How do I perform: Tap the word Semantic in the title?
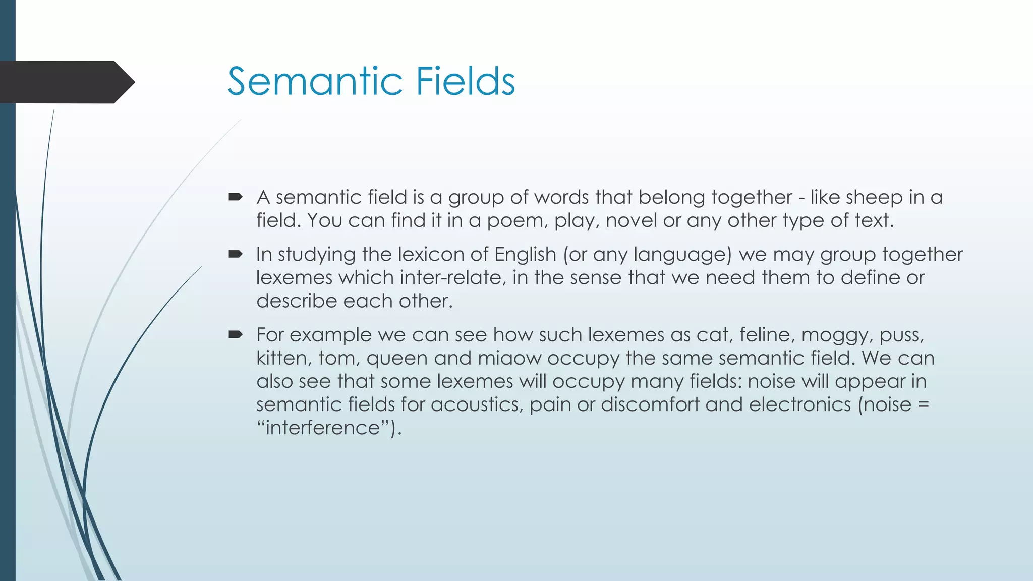(315, 81)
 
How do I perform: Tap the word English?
(525, 254)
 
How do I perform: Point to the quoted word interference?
(323, 428)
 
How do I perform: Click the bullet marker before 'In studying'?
(236, 254)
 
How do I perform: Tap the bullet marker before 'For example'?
(236, 334)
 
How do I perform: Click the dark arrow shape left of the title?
(66, 82)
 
